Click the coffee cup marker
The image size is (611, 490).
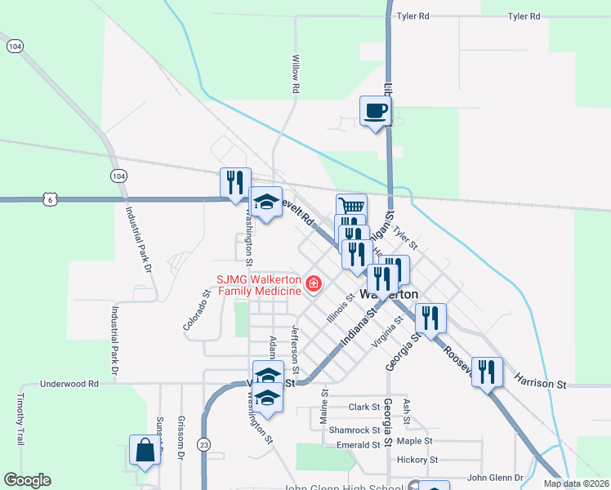tap(376, 111)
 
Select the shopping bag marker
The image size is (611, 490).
tap(145, 450)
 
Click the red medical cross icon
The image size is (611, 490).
tap(313, 284)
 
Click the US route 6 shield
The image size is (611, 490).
tap(51, 199)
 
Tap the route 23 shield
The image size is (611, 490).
tap(203, 443)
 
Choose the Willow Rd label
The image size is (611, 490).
tap(296, 73)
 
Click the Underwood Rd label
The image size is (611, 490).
tap(69, 383)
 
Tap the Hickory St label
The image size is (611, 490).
tap(417, 460)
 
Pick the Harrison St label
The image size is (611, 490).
tap(540, 382)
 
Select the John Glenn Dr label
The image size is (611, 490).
tap(499, 478)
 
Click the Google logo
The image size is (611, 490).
tap(27, 480)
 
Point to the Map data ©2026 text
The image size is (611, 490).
tap(575, 483)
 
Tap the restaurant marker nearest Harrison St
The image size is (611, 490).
tap(487, 372)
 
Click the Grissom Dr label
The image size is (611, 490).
tap(180, 434)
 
